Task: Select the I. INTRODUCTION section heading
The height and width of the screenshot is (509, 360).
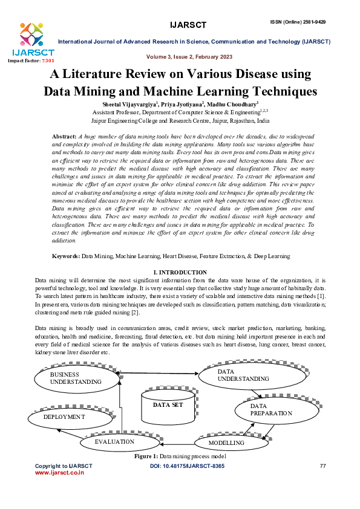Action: pos(180,272)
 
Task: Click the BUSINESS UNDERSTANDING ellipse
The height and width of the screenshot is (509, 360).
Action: pos(76,378)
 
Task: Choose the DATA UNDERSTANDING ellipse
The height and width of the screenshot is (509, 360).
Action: pos(243,375)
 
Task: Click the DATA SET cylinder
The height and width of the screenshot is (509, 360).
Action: pos(167,406)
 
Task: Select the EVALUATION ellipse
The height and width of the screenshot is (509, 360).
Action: pos(114,442)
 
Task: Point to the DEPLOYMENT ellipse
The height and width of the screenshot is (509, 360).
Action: pos(64,417)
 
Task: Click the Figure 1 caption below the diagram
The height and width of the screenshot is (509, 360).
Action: pos(180,456)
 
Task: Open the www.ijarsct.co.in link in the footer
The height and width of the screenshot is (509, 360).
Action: pos(59,473)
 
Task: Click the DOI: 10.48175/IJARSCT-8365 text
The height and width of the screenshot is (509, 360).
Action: pos(186,466)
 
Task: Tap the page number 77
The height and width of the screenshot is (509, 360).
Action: pos(322,466)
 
